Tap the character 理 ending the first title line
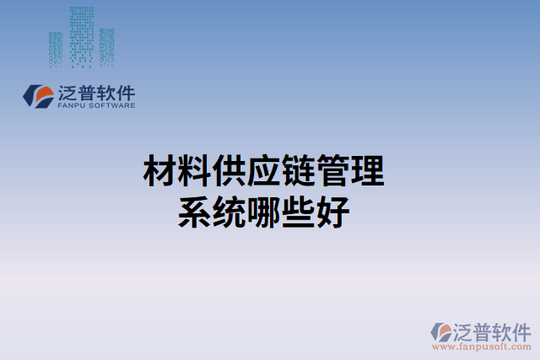click(368, 172)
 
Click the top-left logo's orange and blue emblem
click(38, 95)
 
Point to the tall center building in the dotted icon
click(82, 35)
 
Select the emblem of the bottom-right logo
click(441, 331)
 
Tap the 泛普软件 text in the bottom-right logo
click(493, 330)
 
